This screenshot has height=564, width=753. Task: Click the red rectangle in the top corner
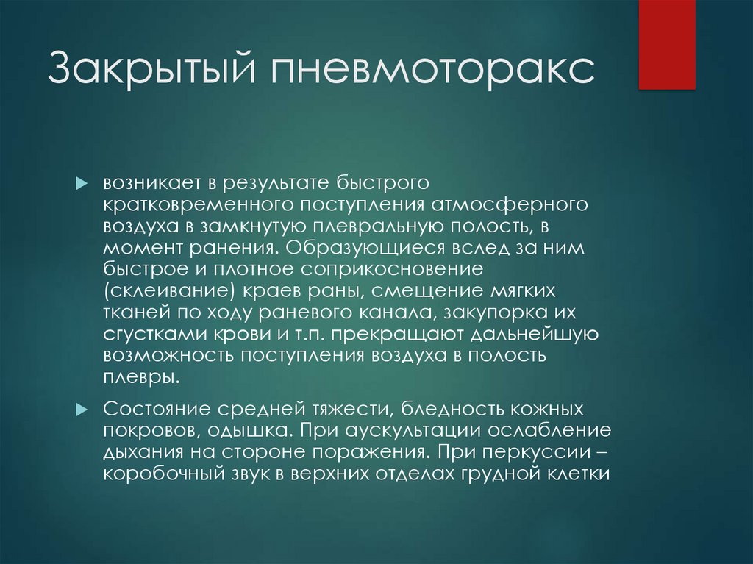tap(666, 44)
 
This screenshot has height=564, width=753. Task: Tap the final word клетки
tap(580, 474)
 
